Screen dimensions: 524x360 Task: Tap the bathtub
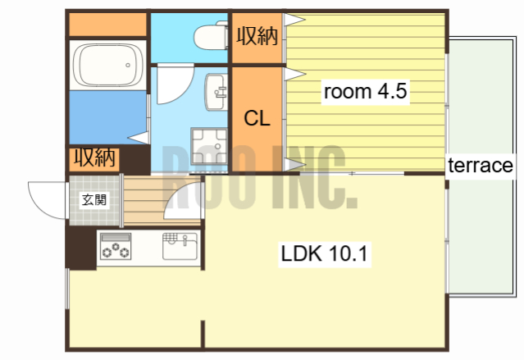click(x=108, y=65)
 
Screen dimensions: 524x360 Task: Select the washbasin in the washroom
click(x=216, y=92)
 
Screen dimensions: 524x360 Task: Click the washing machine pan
click(x=209, y=146)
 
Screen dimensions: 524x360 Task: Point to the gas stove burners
click(x=116, y=247)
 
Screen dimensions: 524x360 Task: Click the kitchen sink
click(x=180, y=246)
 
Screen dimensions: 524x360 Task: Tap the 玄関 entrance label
click(x=94, y=200)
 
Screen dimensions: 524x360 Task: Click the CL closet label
click(x=257, y=118)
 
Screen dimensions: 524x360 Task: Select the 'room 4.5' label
click(x=365, y=91)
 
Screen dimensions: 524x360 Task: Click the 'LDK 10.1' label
click(x=324, y=253)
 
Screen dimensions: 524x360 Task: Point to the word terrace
click(x=481, y=165)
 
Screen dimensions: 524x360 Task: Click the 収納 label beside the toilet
click(x=257, y=36)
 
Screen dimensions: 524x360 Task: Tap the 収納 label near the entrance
click(x=94, y=157)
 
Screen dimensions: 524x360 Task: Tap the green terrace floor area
click(x=481, y=166)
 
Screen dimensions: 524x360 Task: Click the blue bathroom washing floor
click(x=108, y=117)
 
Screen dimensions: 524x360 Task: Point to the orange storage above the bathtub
click(x=108, y=25)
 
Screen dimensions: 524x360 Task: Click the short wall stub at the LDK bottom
click(x=203, y=334)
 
